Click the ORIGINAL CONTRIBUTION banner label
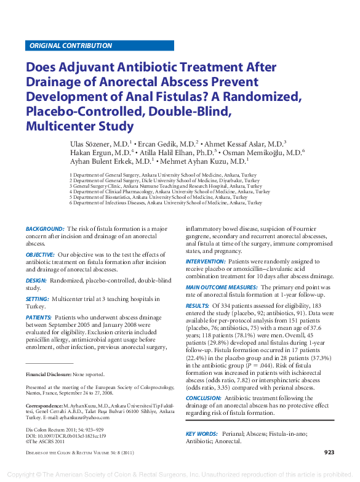(x=71, y=46)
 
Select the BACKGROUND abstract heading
(x=45, y=229)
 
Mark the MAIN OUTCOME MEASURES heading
(x=221, y=287)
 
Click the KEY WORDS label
(x=202, y=434)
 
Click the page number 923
(x=329, y=452)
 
